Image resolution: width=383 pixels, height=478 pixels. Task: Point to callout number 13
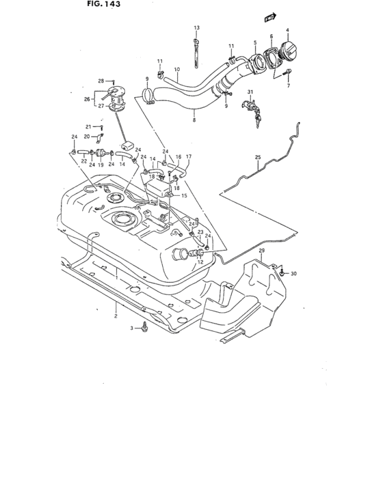pyautogui.click(x=196, y=27)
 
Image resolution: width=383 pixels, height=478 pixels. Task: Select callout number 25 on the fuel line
pyautogui.click(x=258, y=158)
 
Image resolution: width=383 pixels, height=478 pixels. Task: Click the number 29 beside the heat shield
pyautogui.click(x=261, y=253)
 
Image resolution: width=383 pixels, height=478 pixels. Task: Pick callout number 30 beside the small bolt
pyautogui.click(x=294, y=274)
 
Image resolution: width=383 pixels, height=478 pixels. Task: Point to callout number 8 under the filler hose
pyautogui.click(x=194, y=121)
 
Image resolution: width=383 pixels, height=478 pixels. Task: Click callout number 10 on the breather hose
pyautogui.click(x=177, y=69)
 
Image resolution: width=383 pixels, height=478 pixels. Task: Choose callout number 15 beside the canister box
pyautogui.click(x=184, y=195)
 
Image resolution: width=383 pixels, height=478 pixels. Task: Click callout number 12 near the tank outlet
pyautogui.click(x=201, y=261)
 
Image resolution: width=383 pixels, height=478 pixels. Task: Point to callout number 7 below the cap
pyautogui.click(x=289, y=87)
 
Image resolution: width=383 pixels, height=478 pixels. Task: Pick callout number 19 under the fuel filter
pyautogui.click(x=100, y=165)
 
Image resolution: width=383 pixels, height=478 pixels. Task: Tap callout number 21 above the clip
pyautogui.click(x=88, y=127)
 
